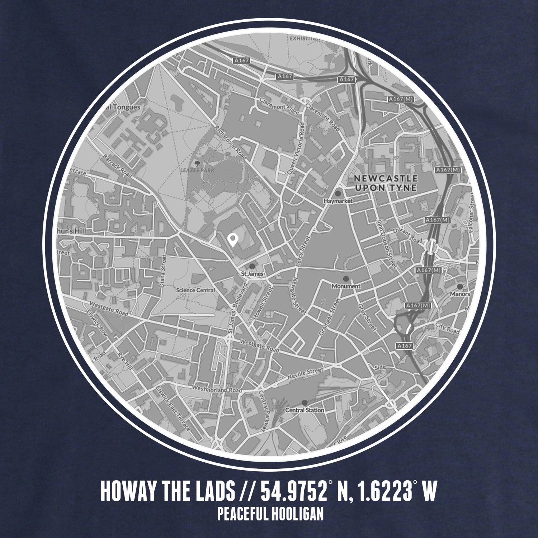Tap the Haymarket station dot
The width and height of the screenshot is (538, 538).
point(338,193)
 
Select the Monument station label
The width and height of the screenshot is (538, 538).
point(346,286)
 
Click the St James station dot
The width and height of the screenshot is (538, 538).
point(252,266)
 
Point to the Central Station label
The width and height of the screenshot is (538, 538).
point(305,410)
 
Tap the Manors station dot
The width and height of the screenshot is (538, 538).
point(459,287)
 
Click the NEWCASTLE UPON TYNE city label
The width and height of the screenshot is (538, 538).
point(386,183)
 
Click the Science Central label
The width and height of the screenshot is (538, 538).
point(196,290)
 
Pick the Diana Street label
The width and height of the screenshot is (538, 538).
point(164,272)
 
